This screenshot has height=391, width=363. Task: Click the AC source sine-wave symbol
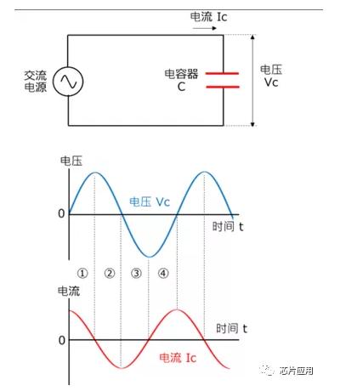68,82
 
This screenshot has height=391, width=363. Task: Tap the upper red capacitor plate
222,73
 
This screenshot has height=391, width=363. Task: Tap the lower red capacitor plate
223,87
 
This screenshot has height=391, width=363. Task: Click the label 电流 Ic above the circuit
208,17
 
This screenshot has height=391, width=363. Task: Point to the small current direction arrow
205,28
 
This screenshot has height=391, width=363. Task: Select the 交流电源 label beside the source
36,82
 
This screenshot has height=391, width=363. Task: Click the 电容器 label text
181,74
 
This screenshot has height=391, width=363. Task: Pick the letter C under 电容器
181,87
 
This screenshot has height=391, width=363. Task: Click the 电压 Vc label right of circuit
271,76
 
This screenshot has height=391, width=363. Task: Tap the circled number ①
82,273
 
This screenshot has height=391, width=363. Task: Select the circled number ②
110,273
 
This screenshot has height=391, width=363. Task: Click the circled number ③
136,273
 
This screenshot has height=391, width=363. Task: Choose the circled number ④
163,273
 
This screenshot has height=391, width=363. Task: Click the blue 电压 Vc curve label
150,201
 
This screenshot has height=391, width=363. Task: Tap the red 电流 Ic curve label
178,358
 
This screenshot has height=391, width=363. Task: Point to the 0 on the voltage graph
61,213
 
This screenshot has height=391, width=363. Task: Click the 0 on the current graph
62,340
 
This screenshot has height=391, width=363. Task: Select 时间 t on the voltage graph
228,226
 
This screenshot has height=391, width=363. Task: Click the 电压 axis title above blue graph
71,161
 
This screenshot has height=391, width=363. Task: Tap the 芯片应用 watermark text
297,371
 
